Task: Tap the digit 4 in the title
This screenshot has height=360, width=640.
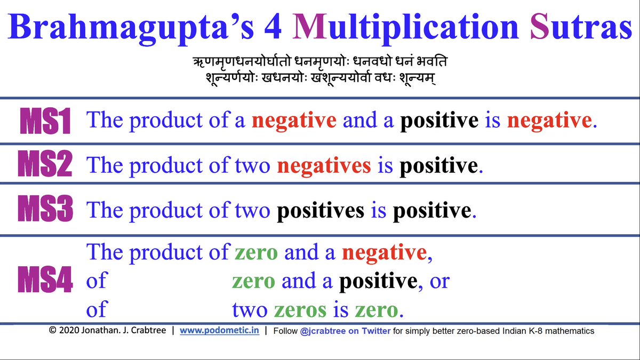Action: [268, 28]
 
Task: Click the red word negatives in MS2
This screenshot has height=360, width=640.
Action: [324, 166]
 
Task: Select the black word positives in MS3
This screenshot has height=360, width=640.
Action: [321, 211]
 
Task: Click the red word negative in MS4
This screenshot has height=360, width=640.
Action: [383, 252]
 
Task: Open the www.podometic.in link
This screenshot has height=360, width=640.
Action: [219, 331]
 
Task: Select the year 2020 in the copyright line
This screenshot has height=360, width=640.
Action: [68, 331]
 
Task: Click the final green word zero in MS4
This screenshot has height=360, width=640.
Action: [378, 309]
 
